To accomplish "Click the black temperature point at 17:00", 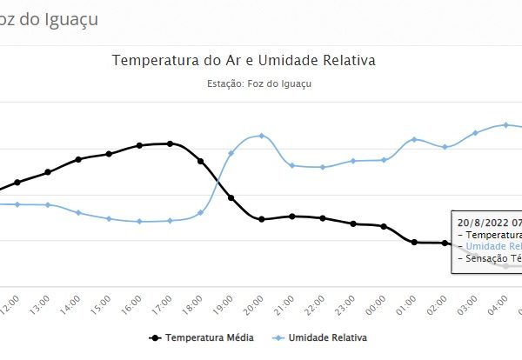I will pyautogui.click(x=170, y=143).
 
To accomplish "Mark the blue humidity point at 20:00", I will pyautogui.click(x=261, y=136).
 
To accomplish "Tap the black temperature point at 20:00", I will pyautogui.click(x=261, y=219).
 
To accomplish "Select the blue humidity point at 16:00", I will pyautogui.click(x=139, y=222).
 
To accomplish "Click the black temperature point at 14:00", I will pyautogui.click(x=78, y=159).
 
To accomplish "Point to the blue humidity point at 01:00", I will pyautogui.click(x=414, y=139).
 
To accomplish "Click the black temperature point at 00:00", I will pyautogui.click(x=384, y=226).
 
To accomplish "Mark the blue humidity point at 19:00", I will pyautogui.click(x=231, y=153).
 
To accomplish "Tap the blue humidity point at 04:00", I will pyautogui.click(x=505, y=124).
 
